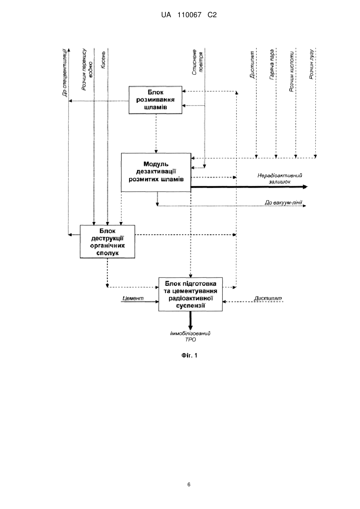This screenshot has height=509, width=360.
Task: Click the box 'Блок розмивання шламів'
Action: (x=155, y=100)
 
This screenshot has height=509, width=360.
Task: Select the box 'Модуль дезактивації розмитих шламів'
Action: (x=156, y=172)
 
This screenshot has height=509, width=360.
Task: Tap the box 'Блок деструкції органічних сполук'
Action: (x=107, y=242)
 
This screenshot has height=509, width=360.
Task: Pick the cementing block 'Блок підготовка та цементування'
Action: (x=190, y=294)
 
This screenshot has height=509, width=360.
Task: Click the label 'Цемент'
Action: (x=133, y=298)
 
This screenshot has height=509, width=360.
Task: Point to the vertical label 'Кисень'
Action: (x=103, y=60)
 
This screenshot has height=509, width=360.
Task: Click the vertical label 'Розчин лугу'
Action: (x=311, y=64)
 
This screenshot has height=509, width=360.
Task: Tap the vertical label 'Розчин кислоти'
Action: (x=292, y=72)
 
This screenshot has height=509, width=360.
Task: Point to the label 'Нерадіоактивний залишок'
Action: (x=280, y=179)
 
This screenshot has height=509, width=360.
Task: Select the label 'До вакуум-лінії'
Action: (x=283, y=202)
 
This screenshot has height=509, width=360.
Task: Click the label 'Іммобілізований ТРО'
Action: (x=190, y=336)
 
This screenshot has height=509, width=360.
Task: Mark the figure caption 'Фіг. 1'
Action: (x=189, y=355)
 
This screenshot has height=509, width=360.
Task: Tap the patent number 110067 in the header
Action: (x=189, y=15)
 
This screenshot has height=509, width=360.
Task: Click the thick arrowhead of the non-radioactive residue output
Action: (x=305, y=187)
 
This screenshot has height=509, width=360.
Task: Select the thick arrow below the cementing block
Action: (x=190, y=320)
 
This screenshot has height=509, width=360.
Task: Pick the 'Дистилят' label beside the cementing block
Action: (x=268, y=298)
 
